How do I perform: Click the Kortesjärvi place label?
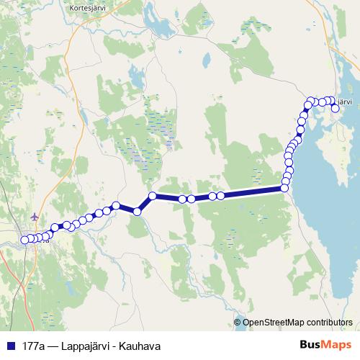[89, 9]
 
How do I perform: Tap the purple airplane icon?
[36, 216]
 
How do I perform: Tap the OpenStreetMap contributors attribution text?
[297, 323]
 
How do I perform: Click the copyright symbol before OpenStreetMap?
[238, 323]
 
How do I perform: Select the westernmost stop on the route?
[24, 240]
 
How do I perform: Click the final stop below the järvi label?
[336, 109]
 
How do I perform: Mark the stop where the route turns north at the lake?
[284, 188]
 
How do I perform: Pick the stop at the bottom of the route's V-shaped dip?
[137, 211]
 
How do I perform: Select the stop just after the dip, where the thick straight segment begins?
[153, 196]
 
